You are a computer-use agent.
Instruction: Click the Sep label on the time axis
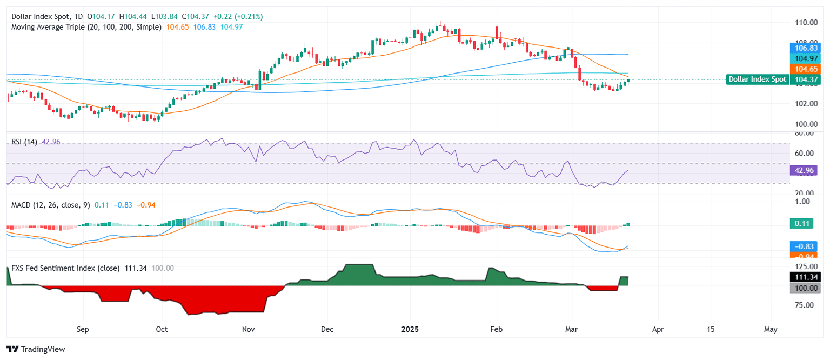83,329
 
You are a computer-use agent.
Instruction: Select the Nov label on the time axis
248,329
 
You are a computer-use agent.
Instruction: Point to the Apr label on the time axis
658,329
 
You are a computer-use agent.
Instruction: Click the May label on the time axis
771,329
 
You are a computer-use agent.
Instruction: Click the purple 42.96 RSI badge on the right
804,170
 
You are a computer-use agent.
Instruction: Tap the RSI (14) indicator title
24,142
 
